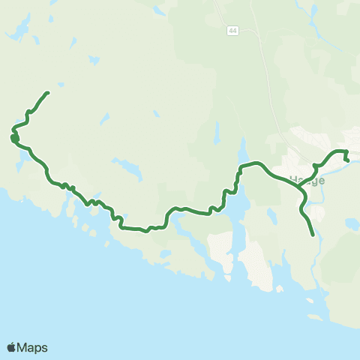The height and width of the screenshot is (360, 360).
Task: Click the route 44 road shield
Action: point(233,31)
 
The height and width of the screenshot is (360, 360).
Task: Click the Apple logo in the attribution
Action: point(11,347)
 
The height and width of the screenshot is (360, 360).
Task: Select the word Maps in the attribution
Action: point(33,347)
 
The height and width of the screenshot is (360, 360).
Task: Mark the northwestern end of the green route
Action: point(48,93)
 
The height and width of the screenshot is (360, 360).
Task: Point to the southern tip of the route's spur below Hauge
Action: point(312,235)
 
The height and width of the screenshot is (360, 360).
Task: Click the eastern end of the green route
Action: point(349,160)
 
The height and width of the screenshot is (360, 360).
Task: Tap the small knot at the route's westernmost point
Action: point(13,137)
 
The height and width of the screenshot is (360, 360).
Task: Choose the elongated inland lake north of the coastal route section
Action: point(127,169)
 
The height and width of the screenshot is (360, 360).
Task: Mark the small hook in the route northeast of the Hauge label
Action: point(318,163)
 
